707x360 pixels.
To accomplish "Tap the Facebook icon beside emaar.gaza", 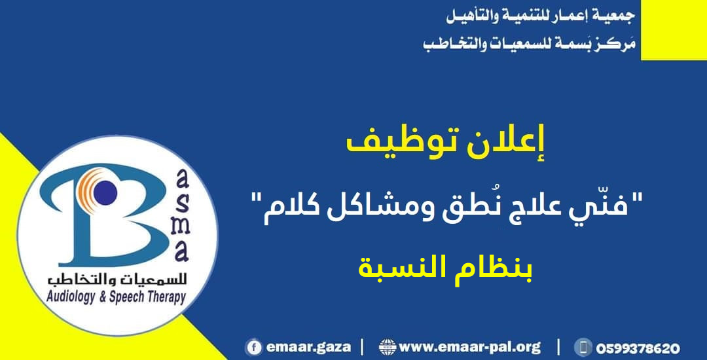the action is point(253,348).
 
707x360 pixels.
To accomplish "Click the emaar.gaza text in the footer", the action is point(308,348).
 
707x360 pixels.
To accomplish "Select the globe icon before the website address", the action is point(388,348).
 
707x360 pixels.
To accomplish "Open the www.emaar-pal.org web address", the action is point(470,347).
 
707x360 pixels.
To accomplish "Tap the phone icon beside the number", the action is point(583,348).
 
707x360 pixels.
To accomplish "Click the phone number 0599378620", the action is point(637,348).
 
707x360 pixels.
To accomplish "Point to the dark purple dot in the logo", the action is point(105,193).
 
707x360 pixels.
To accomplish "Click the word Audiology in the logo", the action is point(73,298).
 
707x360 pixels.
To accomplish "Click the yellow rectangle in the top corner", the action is point(674,29).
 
